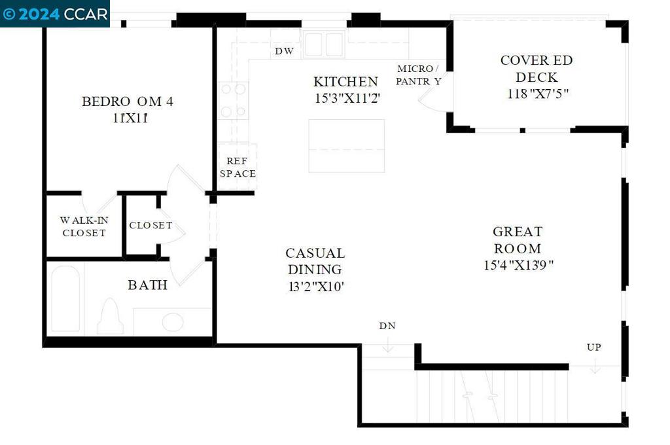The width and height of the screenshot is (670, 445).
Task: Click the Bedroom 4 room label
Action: pos(128,101)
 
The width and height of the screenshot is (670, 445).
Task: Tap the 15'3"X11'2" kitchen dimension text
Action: pos(347,98)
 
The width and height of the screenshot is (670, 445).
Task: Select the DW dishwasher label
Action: pos(284,51)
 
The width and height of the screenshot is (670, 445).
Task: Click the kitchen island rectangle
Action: pos(347,146)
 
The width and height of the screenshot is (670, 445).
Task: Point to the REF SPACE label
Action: pos(238,167)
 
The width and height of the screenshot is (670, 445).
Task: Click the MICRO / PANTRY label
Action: pos(418,75)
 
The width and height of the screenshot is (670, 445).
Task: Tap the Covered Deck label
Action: pos(537,69)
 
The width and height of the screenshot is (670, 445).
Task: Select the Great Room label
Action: pos(518,240)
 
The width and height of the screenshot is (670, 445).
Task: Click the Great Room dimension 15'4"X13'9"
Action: pos(518,265)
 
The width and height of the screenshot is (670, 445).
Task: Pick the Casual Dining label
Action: pos(315,261)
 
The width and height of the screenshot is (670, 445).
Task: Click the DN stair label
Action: pos(387,326)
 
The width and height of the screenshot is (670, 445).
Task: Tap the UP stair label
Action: pos(594,347)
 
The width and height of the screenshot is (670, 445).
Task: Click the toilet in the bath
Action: pos(110,316)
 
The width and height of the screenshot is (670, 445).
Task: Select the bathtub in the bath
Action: pos(65,299)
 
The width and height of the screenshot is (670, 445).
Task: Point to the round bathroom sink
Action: pos(173,322)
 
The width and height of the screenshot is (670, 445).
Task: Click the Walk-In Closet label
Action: pos(84,226)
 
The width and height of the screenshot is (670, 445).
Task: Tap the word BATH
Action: pos(147,285)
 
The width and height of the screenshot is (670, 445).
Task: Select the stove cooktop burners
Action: pos(234,101)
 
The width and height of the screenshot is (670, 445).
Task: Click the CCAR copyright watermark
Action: pos(55,14)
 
